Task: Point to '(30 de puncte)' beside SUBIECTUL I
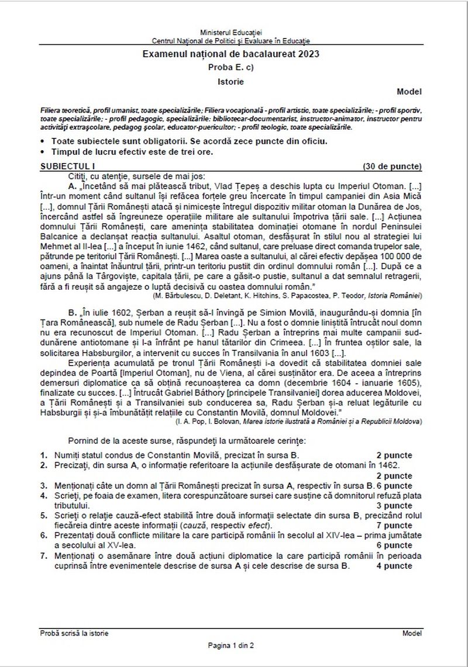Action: click(392, 166)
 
